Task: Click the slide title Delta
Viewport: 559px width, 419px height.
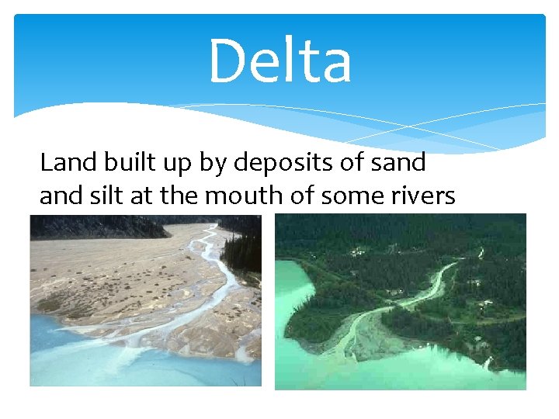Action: (280, 61)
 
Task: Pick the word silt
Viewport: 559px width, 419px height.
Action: (110, 196)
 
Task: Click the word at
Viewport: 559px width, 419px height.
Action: (143, 197)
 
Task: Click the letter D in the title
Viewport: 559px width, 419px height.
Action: (226, 61)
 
